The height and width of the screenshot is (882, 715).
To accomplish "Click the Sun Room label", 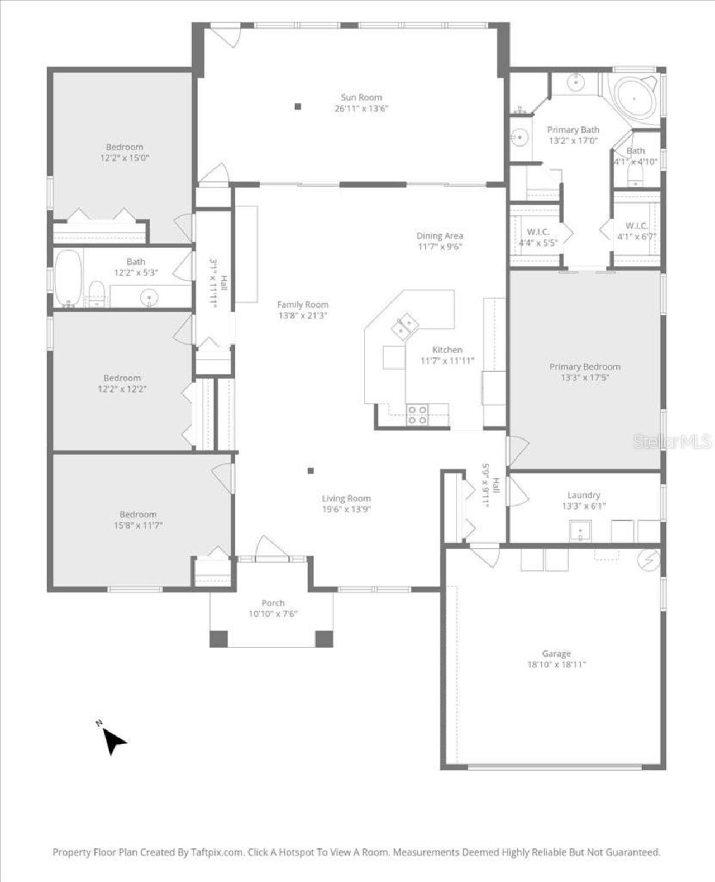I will pos(361,97).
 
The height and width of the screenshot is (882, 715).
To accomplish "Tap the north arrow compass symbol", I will pos(113,741).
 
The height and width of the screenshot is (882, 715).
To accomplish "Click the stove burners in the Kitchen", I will pos(417,414).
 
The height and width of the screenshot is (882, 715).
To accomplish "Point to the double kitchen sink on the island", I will pos(405,326).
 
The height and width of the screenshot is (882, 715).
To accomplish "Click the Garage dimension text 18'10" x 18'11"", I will pos(556,664).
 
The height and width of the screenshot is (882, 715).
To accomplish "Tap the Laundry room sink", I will pos(580,530).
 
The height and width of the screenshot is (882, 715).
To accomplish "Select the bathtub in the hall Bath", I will pos(68,277).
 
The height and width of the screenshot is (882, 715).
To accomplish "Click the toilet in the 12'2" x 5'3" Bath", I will pos(97,294).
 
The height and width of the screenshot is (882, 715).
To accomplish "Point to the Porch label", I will pos(273,603).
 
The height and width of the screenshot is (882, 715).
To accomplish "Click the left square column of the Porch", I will pos(218,639).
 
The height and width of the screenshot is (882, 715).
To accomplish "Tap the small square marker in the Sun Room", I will pos(298,106).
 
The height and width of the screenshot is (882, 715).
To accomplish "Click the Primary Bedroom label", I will pos(585,367).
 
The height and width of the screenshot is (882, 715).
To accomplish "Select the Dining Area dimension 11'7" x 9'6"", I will pos(440,247).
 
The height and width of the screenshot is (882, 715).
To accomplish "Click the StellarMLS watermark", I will pos(672,441).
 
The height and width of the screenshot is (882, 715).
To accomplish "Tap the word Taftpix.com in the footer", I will pos(217,852).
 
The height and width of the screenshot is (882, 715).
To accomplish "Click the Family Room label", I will pos(303,305).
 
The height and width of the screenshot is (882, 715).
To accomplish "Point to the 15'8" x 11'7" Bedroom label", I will pos(138,515).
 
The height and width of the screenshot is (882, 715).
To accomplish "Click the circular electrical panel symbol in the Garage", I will pos(649,560).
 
